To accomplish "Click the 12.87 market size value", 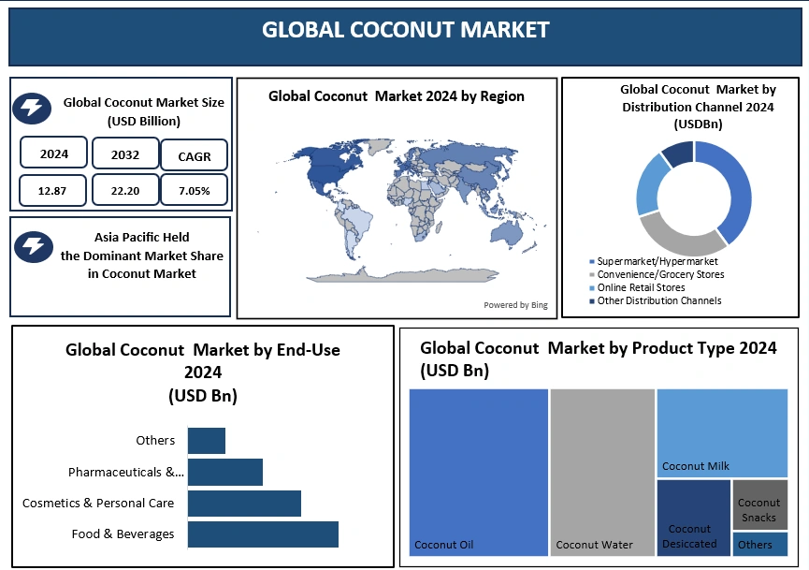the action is (52, 191).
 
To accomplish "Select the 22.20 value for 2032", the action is (125, 191).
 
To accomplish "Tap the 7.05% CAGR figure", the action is (194, 191).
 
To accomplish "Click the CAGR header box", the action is (194, 155).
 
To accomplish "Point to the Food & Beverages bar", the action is (263, 533).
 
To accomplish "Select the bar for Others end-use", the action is (207, 441).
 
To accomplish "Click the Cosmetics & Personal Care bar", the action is (244, 504).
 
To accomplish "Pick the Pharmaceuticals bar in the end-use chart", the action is (225, 472).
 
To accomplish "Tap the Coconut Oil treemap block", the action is (478, 473).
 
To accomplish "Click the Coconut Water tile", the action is (602, 473).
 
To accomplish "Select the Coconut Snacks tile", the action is (760, 504).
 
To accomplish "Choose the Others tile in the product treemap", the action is (760, 544).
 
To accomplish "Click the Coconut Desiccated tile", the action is (693, 518).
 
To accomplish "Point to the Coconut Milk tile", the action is (722, 432).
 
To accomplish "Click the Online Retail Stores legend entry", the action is (637, 287).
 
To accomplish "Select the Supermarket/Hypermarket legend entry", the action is (654, 261).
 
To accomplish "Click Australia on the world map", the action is (507, 234).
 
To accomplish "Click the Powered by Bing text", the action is (515, 305).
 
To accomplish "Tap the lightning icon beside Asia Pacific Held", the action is (34, 246).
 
